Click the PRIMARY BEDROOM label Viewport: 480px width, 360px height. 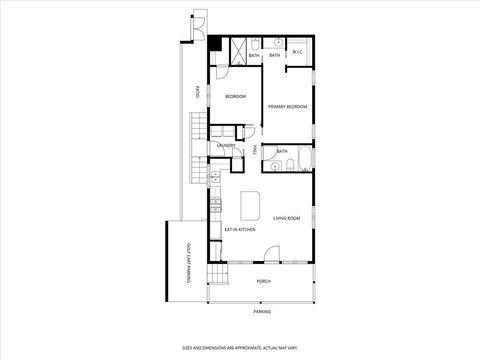287,107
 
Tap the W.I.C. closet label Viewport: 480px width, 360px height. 298,52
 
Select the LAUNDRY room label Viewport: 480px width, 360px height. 226,146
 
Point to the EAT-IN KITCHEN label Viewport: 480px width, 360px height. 240,229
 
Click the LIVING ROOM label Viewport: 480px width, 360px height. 287,217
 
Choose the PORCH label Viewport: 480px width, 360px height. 263,281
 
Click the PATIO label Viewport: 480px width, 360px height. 197,95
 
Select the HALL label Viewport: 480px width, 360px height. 256,151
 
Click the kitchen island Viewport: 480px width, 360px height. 250,205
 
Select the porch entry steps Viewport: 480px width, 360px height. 217,275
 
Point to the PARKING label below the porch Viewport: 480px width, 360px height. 261,311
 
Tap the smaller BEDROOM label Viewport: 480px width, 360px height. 235,96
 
